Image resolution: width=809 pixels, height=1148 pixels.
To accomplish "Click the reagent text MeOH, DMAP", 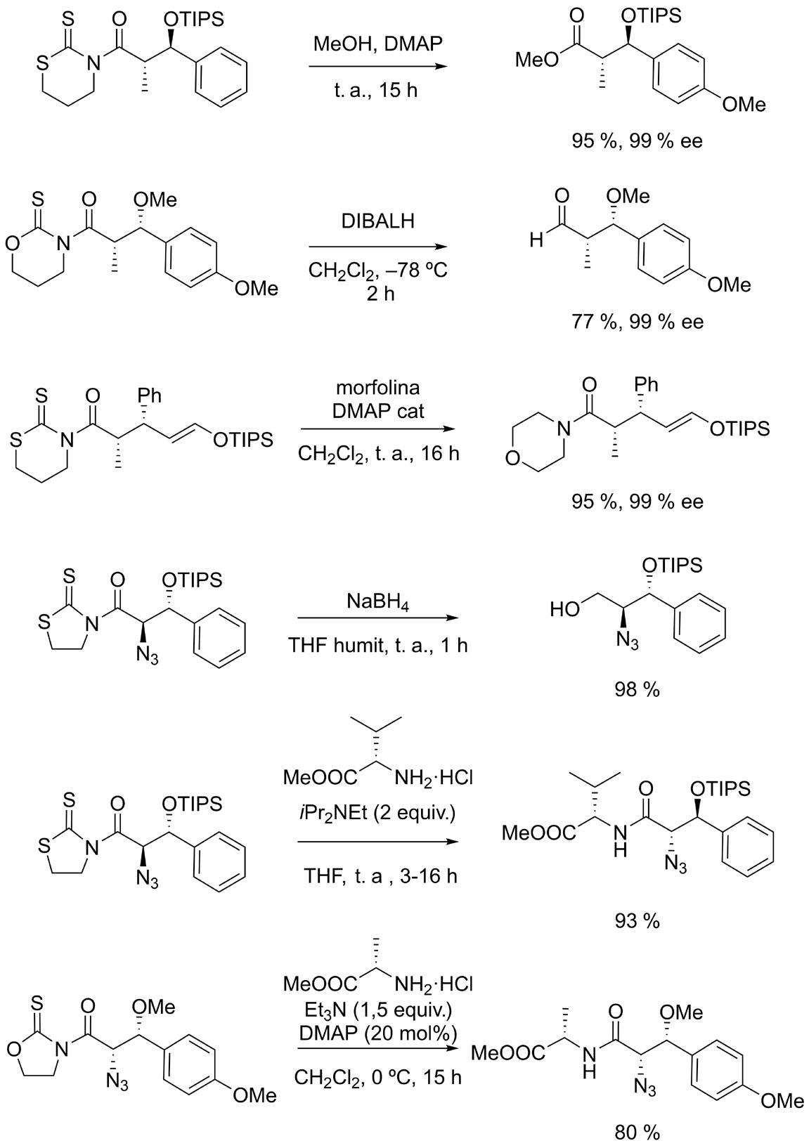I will pyautogui.click(x=378, y=44).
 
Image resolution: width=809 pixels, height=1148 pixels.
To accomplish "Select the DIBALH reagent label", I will pyautogui.click(x=378, y=221).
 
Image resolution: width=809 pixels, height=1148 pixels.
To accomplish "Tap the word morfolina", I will pyautogui.click(x=378, y=388).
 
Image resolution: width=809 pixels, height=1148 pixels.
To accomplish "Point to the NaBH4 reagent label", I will pyautogui.click(x=378, y=603).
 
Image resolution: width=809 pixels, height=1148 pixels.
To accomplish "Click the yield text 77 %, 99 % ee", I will pyautogui.click(x=637, y=322).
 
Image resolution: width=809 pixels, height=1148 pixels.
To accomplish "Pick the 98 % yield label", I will pyautogui.click(x=637, y=689).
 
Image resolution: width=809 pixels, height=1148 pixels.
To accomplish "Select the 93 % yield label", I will pyautogui.click(x=637, y=920).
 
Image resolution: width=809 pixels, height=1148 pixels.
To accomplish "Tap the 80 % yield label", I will pyautogui.click(x=637, y=1132).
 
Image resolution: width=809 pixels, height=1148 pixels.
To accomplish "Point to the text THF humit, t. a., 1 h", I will pyautogui.click(x=378, y=645).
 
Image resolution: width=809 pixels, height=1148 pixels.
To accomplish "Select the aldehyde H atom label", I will pyautogui.click(x=536, y=242).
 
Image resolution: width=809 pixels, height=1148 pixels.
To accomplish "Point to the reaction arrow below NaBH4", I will pyautogui.click(x=378, y=619).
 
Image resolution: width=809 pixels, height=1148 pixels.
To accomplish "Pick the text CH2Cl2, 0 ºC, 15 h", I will pyautogui.click(x=378, y=1076).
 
